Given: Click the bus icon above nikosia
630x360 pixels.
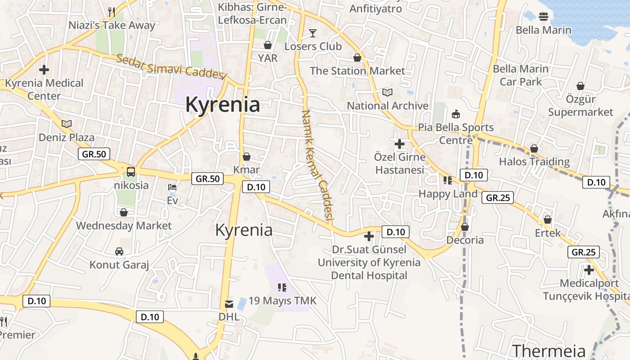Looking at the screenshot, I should click(x=130, y=171).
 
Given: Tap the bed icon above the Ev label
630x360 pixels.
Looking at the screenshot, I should click(x=172, y=187).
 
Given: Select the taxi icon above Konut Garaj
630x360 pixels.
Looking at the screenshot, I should click(x=119, y=251).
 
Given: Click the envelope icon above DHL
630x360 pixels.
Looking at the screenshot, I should click(x=229, y=303).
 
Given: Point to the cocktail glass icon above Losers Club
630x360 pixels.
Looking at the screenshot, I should click(x=313, y=33).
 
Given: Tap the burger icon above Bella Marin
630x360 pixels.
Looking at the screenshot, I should click(x=543, y=17).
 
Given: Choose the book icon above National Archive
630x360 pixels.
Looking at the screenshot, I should click(x=387, y=92).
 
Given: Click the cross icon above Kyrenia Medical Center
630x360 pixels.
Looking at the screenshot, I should click(x=44, y=70).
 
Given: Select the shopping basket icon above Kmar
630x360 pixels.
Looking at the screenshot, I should click(x=247, y=157).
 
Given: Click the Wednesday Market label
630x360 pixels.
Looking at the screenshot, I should click(x=124, y=225).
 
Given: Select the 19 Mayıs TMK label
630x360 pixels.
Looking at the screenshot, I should click(x=283, y=301).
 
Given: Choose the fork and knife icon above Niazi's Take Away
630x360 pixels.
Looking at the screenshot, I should click(x=112, y=12).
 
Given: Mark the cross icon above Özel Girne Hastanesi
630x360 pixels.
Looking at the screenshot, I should click(x=399, y=144).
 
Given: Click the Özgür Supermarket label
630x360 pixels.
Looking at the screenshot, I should click(x=580, y=105).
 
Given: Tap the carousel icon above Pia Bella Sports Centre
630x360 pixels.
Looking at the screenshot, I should click(x=456, y=114).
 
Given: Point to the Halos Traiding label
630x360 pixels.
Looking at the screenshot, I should click(x=534, y=162).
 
